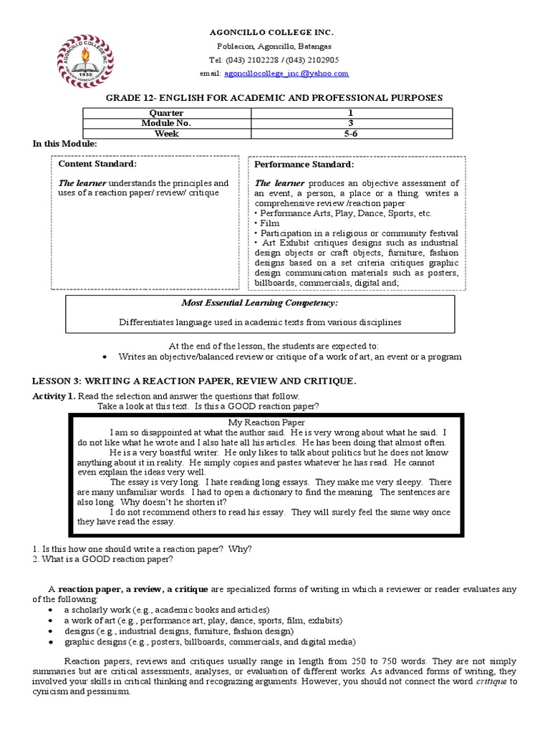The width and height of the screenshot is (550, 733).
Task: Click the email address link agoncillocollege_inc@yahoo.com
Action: [x=286, y=73]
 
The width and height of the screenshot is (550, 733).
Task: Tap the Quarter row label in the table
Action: [x=166, y=113]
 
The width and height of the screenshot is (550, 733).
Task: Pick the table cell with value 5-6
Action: [x=351, y=133]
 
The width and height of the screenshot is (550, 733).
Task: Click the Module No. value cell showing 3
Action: [x=351, y=123]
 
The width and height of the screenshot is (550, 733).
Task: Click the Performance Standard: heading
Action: [x=294, y=164]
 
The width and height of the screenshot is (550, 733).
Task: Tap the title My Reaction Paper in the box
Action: [x=266, y=422]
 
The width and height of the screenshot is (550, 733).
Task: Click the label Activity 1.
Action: [x=54, y=396]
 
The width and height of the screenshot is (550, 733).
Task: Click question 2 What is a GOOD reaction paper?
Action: [x=102, y=559]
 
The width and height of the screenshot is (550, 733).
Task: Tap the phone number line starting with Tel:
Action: [x=274, y=60]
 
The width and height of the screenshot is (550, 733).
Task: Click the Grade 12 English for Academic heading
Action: [x=275, y=97]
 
